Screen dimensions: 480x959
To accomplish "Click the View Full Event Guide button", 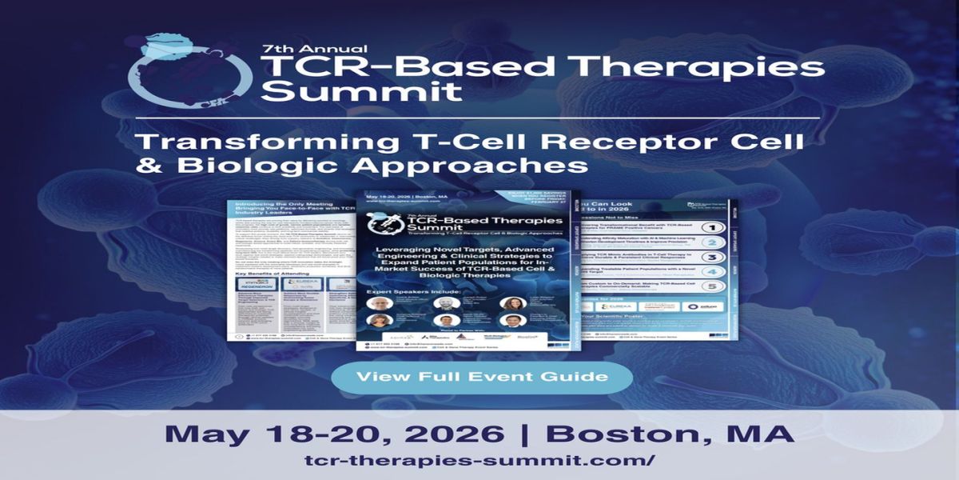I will (x=482, y=376).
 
